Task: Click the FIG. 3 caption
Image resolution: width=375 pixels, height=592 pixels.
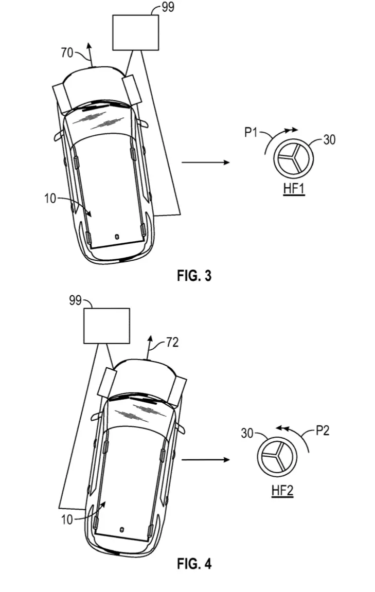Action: tap(194, 276)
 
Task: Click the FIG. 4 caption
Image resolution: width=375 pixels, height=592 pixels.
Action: tap(194, 564)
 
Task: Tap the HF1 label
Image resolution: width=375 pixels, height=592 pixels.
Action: tap(294, 188)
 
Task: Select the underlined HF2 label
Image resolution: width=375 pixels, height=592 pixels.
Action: tap(282, 491)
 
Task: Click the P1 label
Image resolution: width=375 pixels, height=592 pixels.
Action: tap(251, 132)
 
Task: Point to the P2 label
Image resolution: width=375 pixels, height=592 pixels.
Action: tap(322, 431)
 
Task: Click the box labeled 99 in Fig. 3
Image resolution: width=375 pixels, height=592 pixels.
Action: tap(136, 32)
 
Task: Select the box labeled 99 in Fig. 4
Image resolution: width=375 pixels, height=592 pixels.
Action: tap(106, 326)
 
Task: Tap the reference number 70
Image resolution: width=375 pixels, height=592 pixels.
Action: tap(67, 53)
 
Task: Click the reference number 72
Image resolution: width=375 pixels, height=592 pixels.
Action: tap(172, 343)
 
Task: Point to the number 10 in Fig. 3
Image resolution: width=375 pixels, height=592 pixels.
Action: tap(50, 198)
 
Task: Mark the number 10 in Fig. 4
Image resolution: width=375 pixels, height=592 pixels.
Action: tap(67, 520)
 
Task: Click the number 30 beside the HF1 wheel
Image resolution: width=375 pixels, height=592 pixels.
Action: tap(329, 140)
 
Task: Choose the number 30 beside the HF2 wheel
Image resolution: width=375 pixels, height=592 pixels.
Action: tap(247, 433)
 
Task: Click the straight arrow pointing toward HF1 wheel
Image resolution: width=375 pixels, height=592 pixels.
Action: tap(206, 163)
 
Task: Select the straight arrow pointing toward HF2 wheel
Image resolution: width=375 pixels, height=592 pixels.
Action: tap(206, 459)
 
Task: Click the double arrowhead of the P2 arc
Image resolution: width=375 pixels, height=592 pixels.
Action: tap(283, 428)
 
